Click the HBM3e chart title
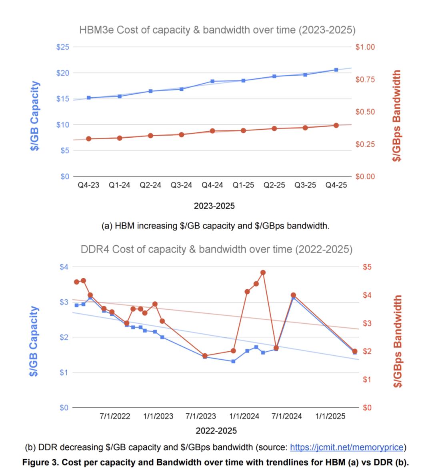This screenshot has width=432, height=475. click(x=217, y=30)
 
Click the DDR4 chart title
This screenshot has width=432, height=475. click(x=216, y=250)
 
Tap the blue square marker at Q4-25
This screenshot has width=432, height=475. click(x=336, y=70)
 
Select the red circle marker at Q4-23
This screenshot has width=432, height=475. click(x=88, y=139)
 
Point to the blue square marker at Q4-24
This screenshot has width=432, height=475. click(x=212, y=81)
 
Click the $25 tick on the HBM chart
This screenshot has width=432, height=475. click(x=63, y=47)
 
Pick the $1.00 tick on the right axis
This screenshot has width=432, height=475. click(x=365, y=47)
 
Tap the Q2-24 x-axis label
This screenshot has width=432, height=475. click(x=150, y=185)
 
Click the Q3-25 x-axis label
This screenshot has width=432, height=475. click(x=305, y=185)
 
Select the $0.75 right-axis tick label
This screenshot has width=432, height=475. click(x=365, y=80)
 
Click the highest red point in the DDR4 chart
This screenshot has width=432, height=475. click(x=263, y=273)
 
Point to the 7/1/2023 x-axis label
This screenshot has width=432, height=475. click(x=201, y=416)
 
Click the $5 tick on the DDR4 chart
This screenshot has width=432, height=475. click(x=367, y=267)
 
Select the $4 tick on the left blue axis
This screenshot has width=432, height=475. click(x=64, y=267)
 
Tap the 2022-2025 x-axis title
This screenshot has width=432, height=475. click(x=216, y=431)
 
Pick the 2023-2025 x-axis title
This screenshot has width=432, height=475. click(x=214, y=206)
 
